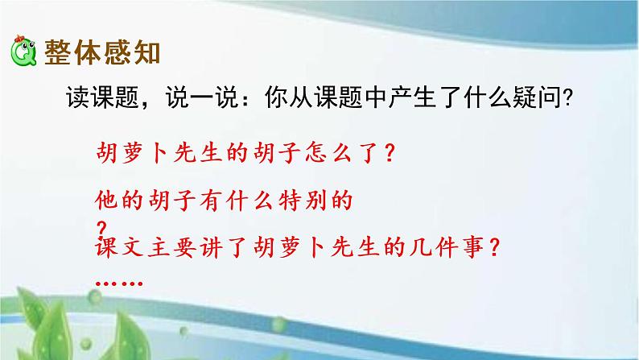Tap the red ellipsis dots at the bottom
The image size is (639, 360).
click(x=119, y=283)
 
